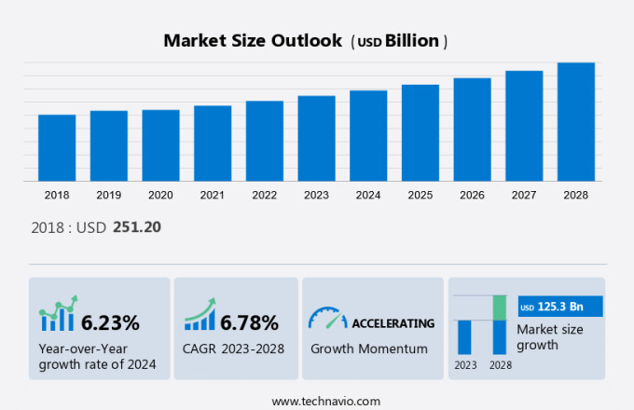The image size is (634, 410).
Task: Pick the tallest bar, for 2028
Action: click(576, 121)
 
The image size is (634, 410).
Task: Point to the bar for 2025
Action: click(420, 132)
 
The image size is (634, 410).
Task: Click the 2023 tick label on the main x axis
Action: click(316, 196)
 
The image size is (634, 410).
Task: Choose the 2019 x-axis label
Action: click(108, 196)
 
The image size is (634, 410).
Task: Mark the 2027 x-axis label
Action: click(524, 196)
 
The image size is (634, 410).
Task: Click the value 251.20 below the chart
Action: click(138, 226)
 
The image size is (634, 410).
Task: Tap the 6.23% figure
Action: click(110, 323)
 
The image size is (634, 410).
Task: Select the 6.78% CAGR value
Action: click(249, 323)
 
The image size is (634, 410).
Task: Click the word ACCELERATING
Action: click(393, 323)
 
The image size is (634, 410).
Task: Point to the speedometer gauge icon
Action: click(327, 319)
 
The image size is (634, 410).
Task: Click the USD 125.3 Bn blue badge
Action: click(560, 307)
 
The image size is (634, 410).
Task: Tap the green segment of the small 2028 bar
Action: click(500, 307)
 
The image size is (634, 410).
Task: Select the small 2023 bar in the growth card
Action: click(464, 336)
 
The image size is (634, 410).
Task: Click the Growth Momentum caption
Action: click(368, 348)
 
